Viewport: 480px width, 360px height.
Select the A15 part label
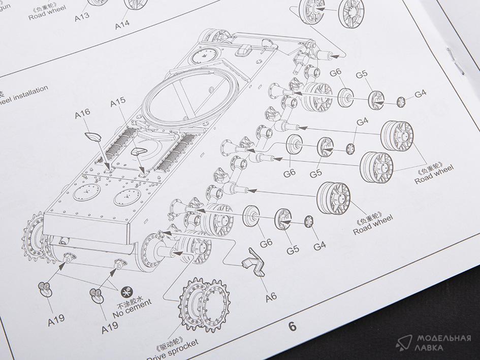[x=117, y=103]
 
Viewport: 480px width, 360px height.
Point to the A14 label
[x=122, y=23]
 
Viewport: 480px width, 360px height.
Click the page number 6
[x=292, y=326]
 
